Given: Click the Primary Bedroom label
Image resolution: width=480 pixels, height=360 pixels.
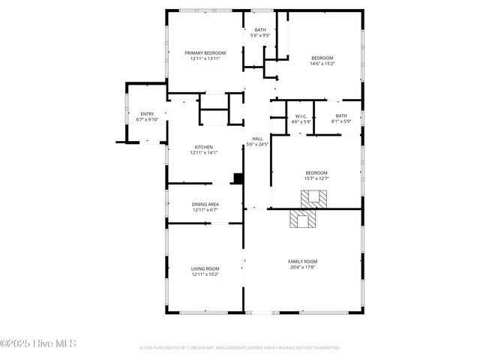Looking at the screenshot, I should pos(205,52).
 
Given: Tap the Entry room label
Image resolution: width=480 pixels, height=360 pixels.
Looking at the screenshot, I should pos(146,114).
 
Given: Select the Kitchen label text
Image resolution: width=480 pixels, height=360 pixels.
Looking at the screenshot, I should pos(204,147).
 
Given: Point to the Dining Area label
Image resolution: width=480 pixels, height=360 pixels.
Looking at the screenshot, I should pos(204,204).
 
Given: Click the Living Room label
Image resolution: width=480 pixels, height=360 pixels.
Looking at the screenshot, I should pos(205,268).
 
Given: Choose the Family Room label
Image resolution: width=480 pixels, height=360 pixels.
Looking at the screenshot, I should pos(303,261).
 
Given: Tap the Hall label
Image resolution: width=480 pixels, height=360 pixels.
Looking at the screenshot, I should pos(257,139).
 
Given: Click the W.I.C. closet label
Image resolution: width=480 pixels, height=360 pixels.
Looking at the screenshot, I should pos(301,116).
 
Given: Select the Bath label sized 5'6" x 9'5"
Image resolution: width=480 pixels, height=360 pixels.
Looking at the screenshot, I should pos(259,29).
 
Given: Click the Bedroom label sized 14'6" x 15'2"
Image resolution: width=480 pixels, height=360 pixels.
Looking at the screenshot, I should pos(322,58).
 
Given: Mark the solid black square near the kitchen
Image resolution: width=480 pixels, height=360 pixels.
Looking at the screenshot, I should pos(238,178).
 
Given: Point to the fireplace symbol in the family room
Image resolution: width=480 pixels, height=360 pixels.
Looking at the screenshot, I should pos(304,220).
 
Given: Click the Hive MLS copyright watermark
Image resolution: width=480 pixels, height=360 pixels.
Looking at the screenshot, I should pos(38,344).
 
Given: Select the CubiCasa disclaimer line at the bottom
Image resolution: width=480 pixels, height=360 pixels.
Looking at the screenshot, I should pos(240,348).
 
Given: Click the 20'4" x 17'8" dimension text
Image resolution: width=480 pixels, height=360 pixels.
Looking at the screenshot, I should pos(303,266).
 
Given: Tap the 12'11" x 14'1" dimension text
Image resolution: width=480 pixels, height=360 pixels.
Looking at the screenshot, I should pos(204,153).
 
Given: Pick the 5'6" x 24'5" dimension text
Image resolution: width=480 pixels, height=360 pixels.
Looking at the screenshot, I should pos(257,145).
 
